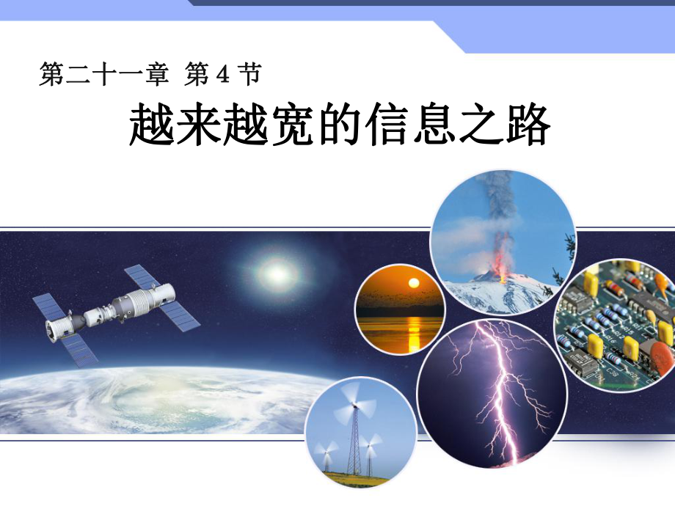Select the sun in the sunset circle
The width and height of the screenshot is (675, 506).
(x=413, y=284)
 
